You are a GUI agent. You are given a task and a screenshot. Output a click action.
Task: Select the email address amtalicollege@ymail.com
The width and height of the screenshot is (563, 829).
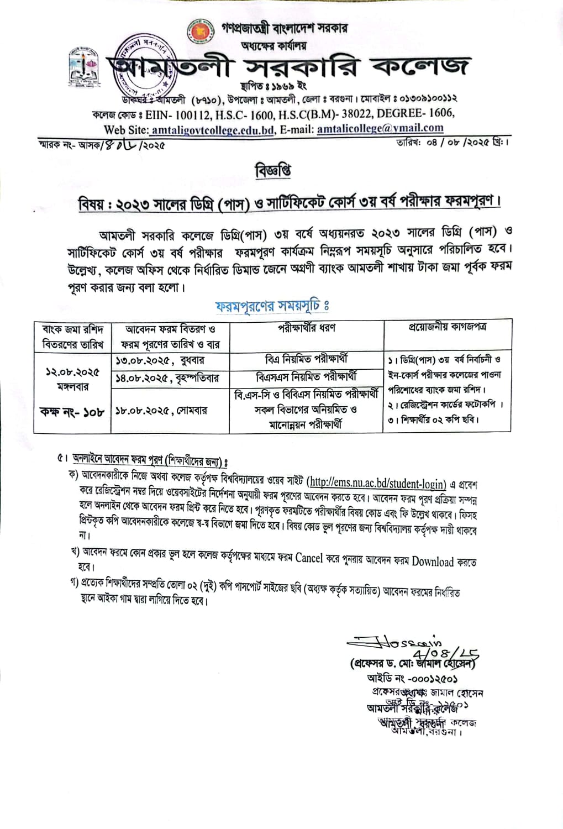click(380, 128)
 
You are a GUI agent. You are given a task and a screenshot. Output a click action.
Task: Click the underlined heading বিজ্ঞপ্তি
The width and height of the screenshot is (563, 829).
click(273, 171)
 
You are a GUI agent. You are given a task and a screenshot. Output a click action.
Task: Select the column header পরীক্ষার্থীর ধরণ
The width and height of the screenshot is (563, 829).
click(306, 328)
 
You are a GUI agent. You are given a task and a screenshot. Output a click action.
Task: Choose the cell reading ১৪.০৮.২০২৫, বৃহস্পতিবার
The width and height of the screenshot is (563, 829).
click(167, 378)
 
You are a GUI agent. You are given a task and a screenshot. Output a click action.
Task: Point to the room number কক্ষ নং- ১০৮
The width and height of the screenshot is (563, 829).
click(72, 411)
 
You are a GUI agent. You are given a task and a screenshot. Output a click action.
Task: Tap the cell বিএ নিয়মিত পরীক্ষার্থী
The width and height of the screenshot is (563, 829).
click(306, 359)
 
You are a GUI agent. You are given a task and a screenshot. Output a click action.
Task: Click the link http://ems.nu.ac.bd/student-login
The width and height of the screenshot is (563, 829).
click(376, 484)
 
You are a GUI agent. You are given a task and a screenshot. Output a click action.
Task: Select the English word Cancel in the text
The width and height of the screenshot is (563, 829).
click(309, 558)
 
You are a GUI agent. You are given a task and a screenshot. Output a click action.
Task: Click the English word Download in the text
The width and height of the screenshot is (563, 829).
click(433, 562)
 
